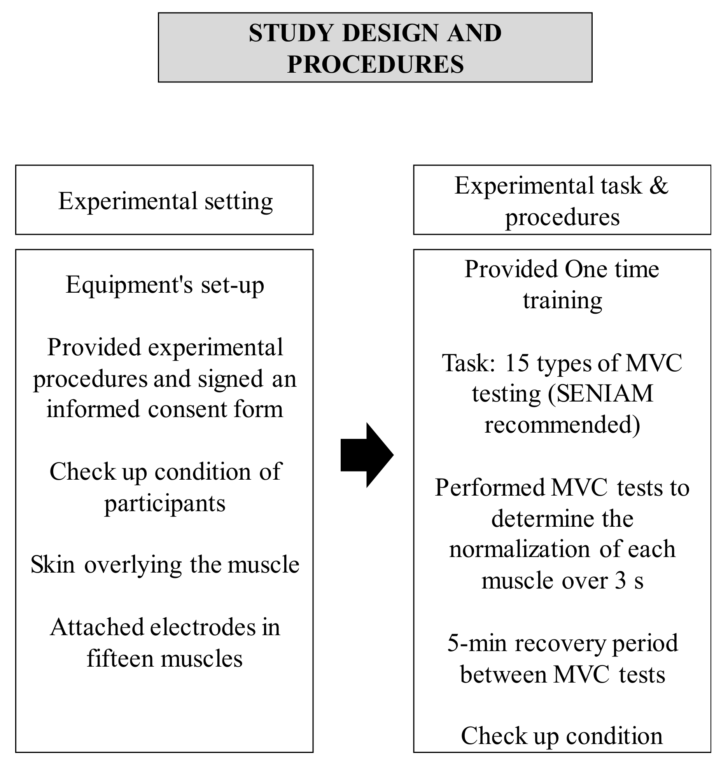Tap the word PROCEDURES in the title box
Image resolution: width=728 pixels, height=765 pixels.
click(x=375, y=65)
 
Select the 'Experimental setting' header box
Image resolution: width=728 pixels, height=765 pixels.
click(x=164, y=200)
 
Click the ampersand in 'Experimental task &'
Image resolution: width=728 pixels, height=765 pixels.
click(x=658, y=186)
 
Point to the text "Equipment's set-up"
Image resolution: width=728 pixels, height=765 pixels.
click(x=165, y=285)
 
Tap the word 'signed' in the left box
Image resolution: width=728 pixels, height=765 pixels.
click(x=231, y=379)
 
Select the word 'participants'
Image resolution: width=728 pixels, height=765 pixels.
click(x=164, y=503)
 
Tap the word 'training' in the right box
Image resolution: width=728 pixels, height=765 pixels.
click(x=562, y=300)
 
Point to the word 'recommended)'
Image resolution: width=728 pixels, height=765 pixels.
click(x=562, y=425)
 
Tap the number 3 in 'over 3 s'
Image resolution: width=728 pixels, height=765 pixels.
click(x=620, y=581)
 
